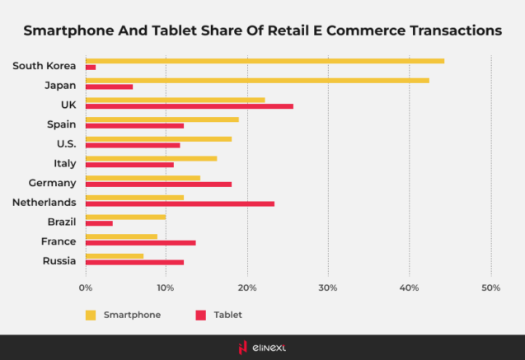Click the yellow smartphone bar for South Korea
click(264, 61)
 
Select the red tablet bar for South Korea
click(91, 68)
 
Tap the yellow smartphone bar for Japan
click(257, 80)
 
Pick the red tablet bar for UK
click(189, 106)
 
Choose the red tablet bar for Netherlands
click(180, 203)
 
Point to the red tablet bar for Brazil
click(99, 223)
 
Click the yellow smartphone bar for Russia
click(114, 255)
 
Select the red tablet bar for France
click(140, 243)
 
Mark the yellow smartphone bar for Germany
click(143, 178)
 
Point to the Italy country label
click(64, 163)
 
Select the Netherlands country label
click(44, 202)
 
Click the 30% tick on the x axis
click(328, 288)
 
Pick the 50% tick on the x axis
click(490, 288)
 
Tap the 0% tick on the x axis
click(85, 288)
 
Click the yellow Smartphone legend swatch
click(91, 315)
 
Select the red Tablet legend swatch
click(200, 315)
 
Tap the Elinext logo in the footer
click(262, 348)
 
